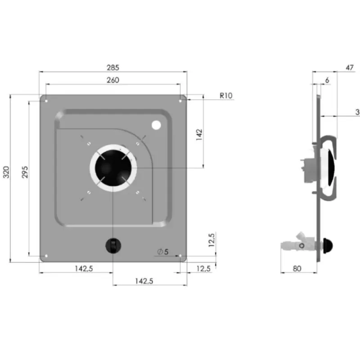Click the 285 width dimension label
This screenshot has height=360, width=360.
pos(113,67)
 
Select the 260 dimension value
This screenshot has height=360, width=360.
pos(113,80)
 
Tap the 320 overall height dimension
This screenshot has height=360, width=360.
pos(6,172)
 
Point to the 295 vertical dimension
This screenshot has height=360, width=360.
pos(25,172)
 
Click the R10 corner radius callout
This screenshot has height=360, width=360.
pos(226,95)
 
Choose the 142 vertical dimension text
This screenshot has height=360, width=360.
pos(199,135)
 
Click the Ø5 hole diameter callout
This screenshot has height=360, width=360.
pos(163,252)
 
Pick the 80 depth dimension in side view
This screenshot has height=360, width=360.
pos(297,268)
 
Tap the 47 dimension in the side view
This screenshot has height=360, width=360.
pos(350,67)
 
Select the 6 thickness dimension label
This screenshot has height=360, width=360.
pos(327,80)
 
